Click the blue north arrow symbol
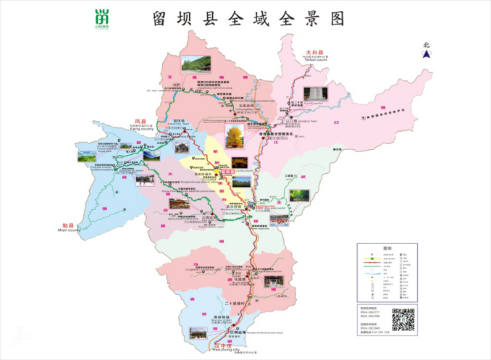tap(427, 51)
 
